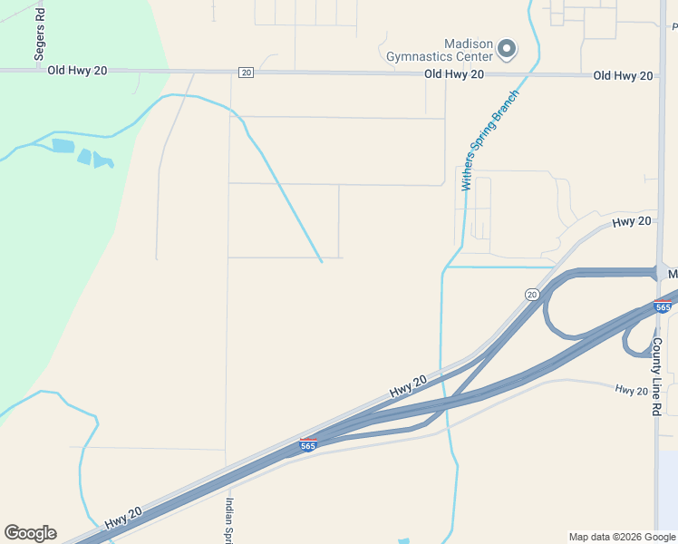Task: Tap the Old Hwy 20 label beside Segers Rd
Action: point(77,71)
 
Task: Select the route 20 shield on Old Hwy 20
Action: point(246,72)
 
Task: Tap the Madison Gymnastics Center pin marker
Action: point(507,48)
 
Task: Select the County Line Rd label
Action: point(657,376)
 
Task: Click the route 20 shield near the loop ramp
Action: point(532,294)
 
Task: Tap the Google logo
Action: point(30,533)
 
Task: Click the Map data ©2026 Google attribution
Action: point(621,537)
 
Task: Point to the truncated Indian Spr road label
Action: point(230,520)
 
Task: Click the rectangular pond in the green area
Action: point(63,145)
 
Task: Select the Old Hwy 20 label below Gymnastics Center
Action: point(454,74)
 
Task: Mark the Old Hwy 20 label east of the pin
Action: point(624,75)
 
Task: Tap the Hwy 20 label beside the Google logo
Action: point(123,518)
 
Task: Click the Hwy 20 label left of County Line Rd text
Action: point(631,390)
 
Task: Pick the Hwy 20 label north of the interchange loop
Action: point(632,221)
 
